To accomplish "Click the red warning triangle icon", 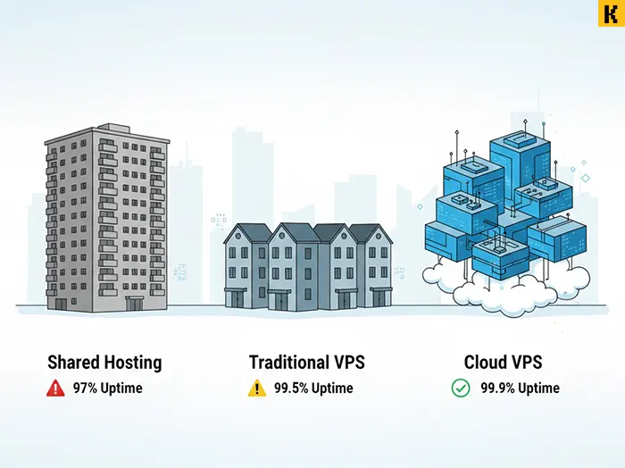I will pos(56,389).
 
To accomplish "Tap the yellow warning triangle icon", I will pos(257,389).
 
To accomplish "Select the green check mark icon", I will pos(461,389).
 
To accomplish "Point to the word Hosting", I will pos(131,363).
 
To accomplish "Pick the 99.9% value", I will pos(498,389).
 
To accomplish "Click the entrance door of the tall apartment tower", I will pos(133,304).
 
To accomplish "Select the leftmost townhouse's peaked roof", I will pos(244,234).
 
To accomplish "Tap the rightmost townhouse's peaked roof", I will pos(367,234).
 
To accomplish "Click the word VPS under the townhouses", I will pos(348,363).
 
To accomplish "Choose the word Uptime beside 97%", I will pos(122,389).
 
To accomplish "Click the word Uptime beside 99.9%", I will pos(539,389).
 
